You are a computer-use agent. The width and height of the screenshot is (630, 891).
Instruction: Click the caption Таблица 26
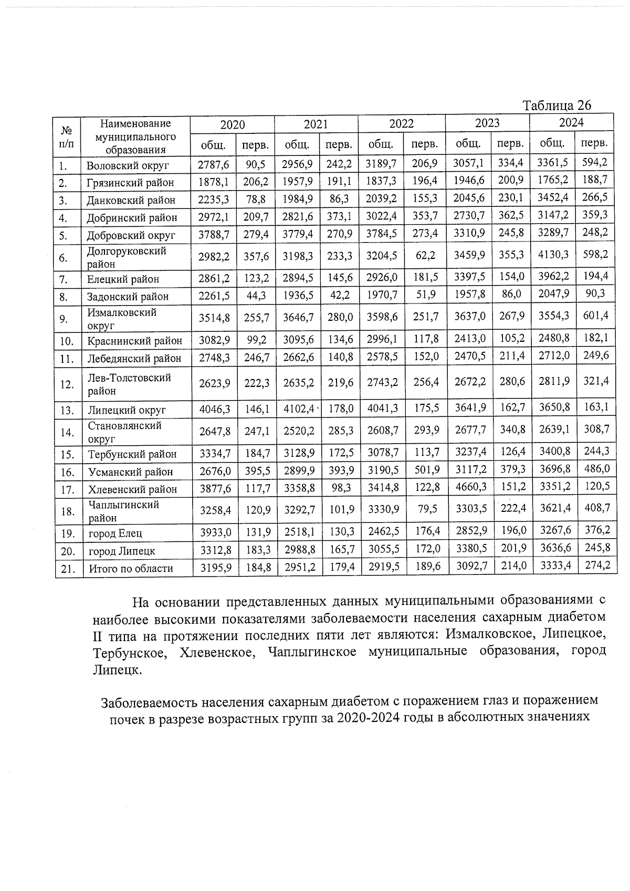coord(557,105)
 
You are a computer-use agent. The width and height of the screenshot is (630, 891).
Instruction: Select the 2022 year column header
coord(401,124)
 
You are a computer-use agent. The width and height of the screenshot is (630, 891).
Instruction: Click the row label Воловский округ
coord(127,165)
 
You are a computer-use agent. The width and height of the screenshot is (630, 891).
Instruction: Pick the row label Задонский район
coord(128,297)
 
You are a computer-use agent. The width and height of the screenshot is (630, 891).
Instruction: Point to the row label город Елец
coord(115,533)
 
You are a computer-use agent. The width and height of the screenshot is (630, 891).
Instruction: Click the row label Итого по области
coord(130,569)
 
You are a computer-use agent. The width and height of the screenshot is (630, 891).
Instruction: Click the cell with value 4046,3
coord(214,409)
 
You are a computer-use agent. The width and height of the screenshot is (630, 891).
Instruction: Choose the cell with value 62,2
coord(425,256)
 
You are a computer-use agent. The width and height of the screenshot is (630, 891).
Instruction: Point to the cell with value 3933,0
coord(215,532)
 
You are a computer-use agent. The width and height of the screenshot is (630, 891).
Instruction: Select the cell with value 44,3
coord(256,296)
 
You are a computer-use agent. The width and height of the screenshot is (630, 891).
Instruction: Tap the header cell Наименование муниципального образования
coord(135,137)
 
